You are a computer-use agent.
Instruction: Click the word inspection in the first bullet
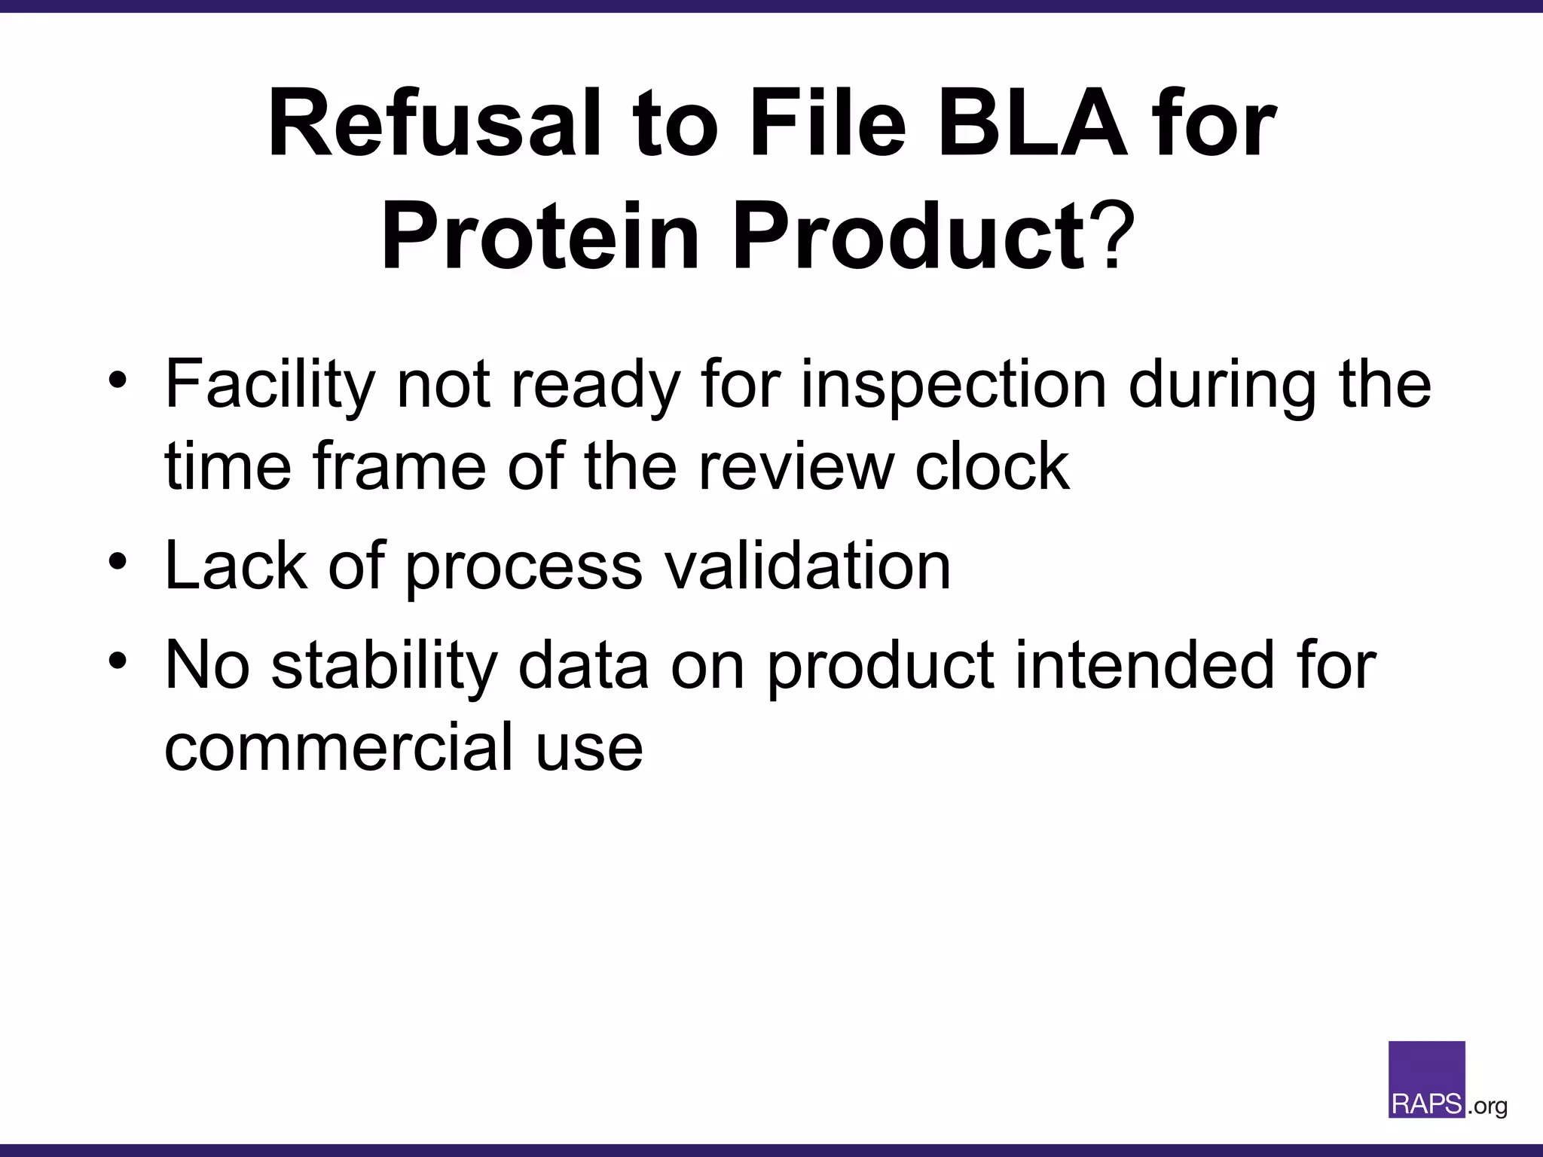(952, 386)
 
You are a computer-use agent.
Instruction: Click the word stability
(384, 666)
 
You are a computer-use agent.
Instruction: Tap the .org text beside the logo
(1486, 1107)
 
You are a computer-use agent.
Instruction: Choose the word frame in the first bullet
(399, 467)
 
